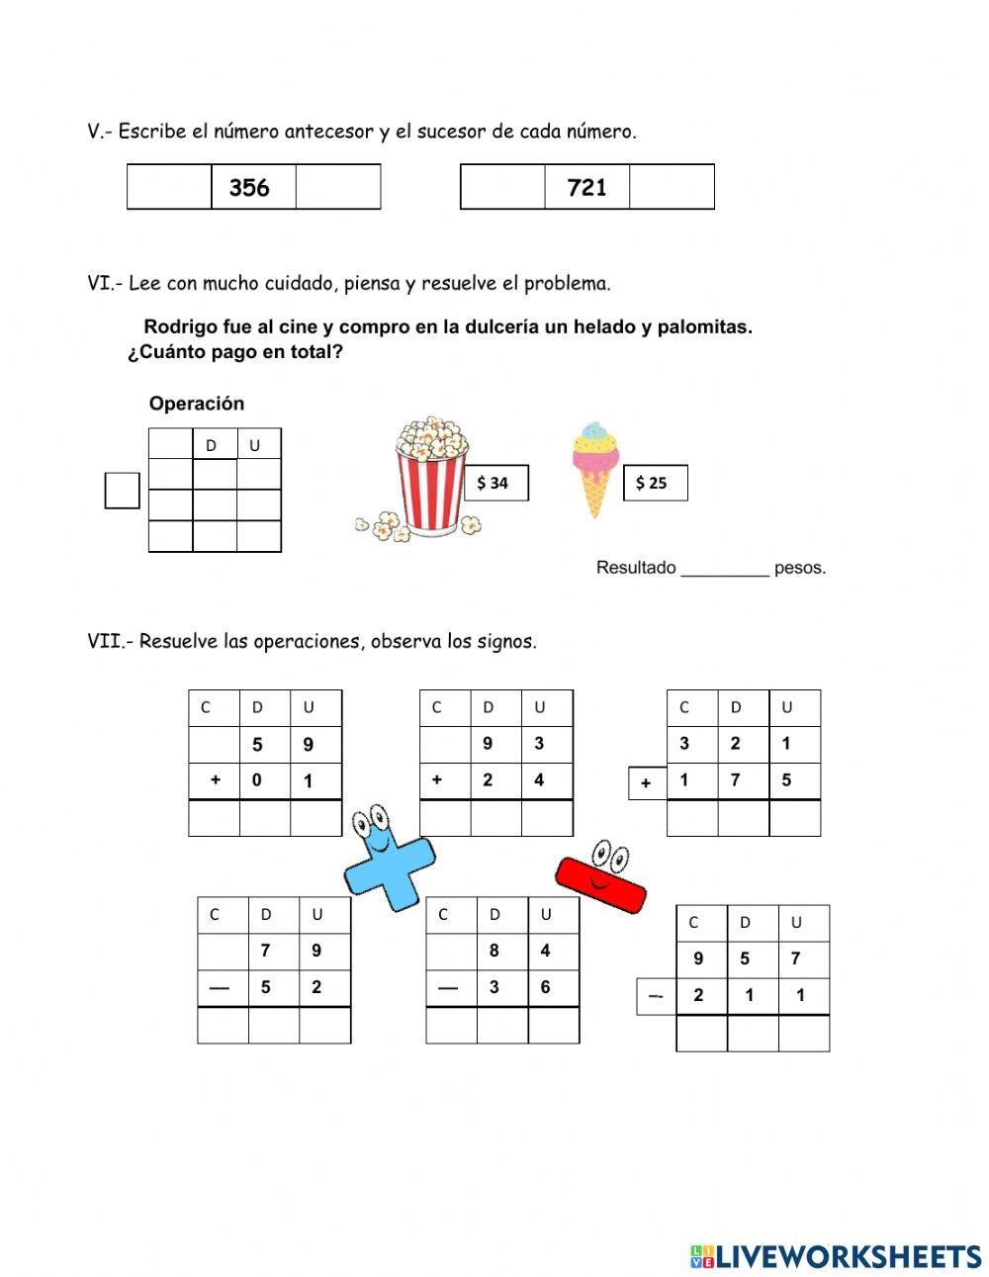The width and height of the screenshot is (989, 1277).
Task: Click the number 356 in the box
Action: [249, 188]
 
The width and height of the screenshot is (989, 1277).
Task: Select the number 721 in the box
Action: [586, 188]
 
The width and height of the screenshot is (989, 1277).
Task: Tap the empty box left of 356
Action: [169, 188]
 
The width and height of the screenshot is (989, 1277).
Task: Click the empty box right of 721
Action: [672, 188]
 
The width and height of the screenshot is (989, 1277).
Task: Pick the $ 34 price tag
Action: [495, 483]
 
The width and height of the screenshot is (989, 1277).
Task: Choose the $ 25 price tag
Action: [655, 483]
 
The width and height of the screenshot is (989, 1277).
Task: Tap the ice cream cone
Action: [594, 468]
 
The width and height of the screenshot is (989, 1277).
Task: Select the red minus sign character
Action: [600, 875]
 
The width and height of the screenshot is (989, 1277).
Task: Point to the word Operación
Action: [196, 404]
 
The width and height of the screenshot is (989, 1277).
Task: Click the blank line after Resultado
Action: [725, 569]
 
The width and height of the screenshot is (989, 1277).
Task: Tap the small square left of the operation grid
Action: [122, 491]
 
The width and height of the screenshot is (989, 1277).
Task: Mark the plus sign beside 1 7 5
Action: [646, 783]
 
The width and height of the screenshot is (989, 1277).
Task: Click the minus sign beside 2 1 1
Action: [655, 997]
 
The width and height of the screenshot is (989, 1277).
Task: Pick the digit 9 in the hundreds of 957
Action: [698, 958]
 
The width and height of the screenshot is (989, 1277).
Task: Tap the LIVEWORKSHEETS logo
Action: [835, 1256]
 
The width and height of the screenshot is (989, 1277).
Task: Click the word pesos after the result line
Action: [799, 568]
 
